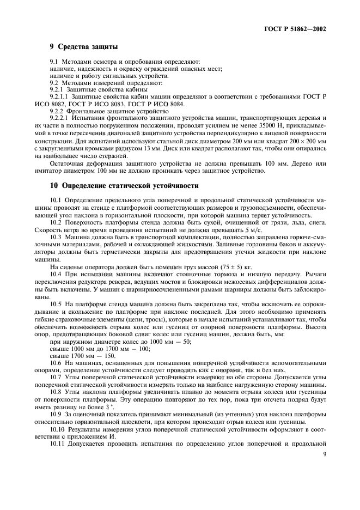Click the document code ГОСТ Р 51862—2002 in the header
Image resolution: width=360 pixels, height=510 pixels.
tap(295, 29)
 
